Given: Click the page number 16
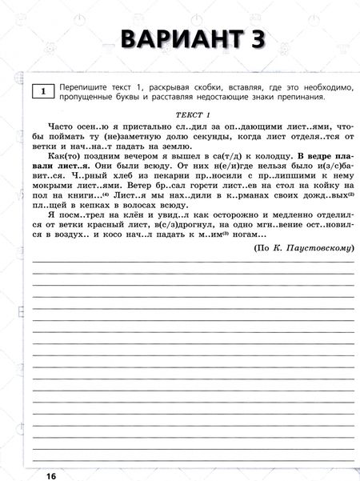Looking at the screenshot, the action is pyautogui.click(x=51, y=476).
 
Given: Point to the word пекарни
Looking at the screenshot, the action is pyautogui.click(x=186, y=182).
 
